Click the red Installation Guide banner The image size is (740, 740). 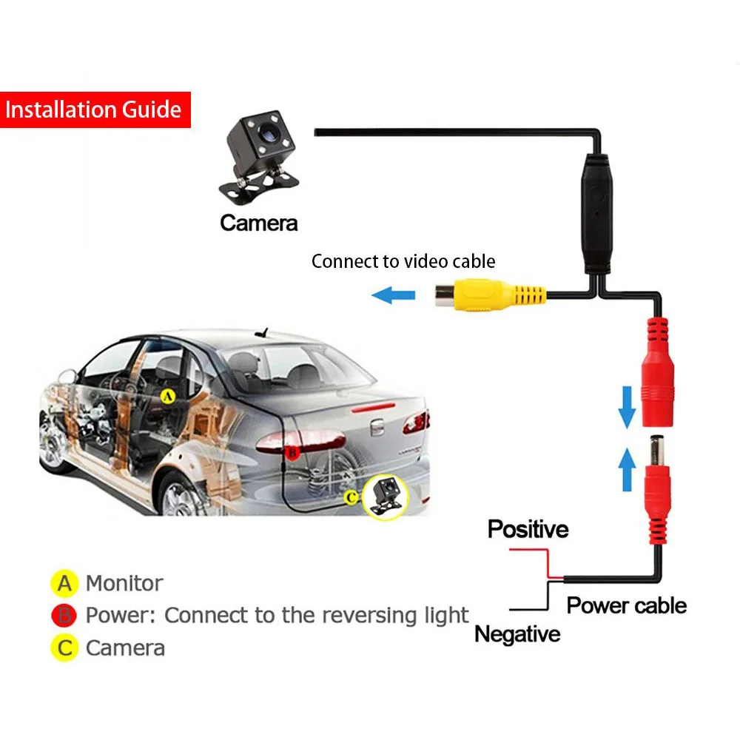[95, 110]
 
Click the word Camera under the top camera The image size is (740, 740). [259, 222]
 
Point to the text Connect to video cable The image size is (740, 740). [403, 261]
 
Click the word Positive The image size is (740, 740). [528, 529]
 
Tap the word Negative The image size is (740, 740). [517, 634]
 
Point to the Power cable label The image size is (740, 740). [626, 605]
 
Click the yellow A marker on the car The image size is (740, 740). [168, 397]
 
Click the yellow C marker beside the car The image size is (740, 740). [351, 497]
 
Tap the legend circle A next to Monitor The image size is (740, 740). [65, 583]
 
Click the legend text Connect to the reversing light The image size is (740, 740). [317, 615]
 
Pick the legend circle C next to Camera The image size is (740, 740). [65, 648]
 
